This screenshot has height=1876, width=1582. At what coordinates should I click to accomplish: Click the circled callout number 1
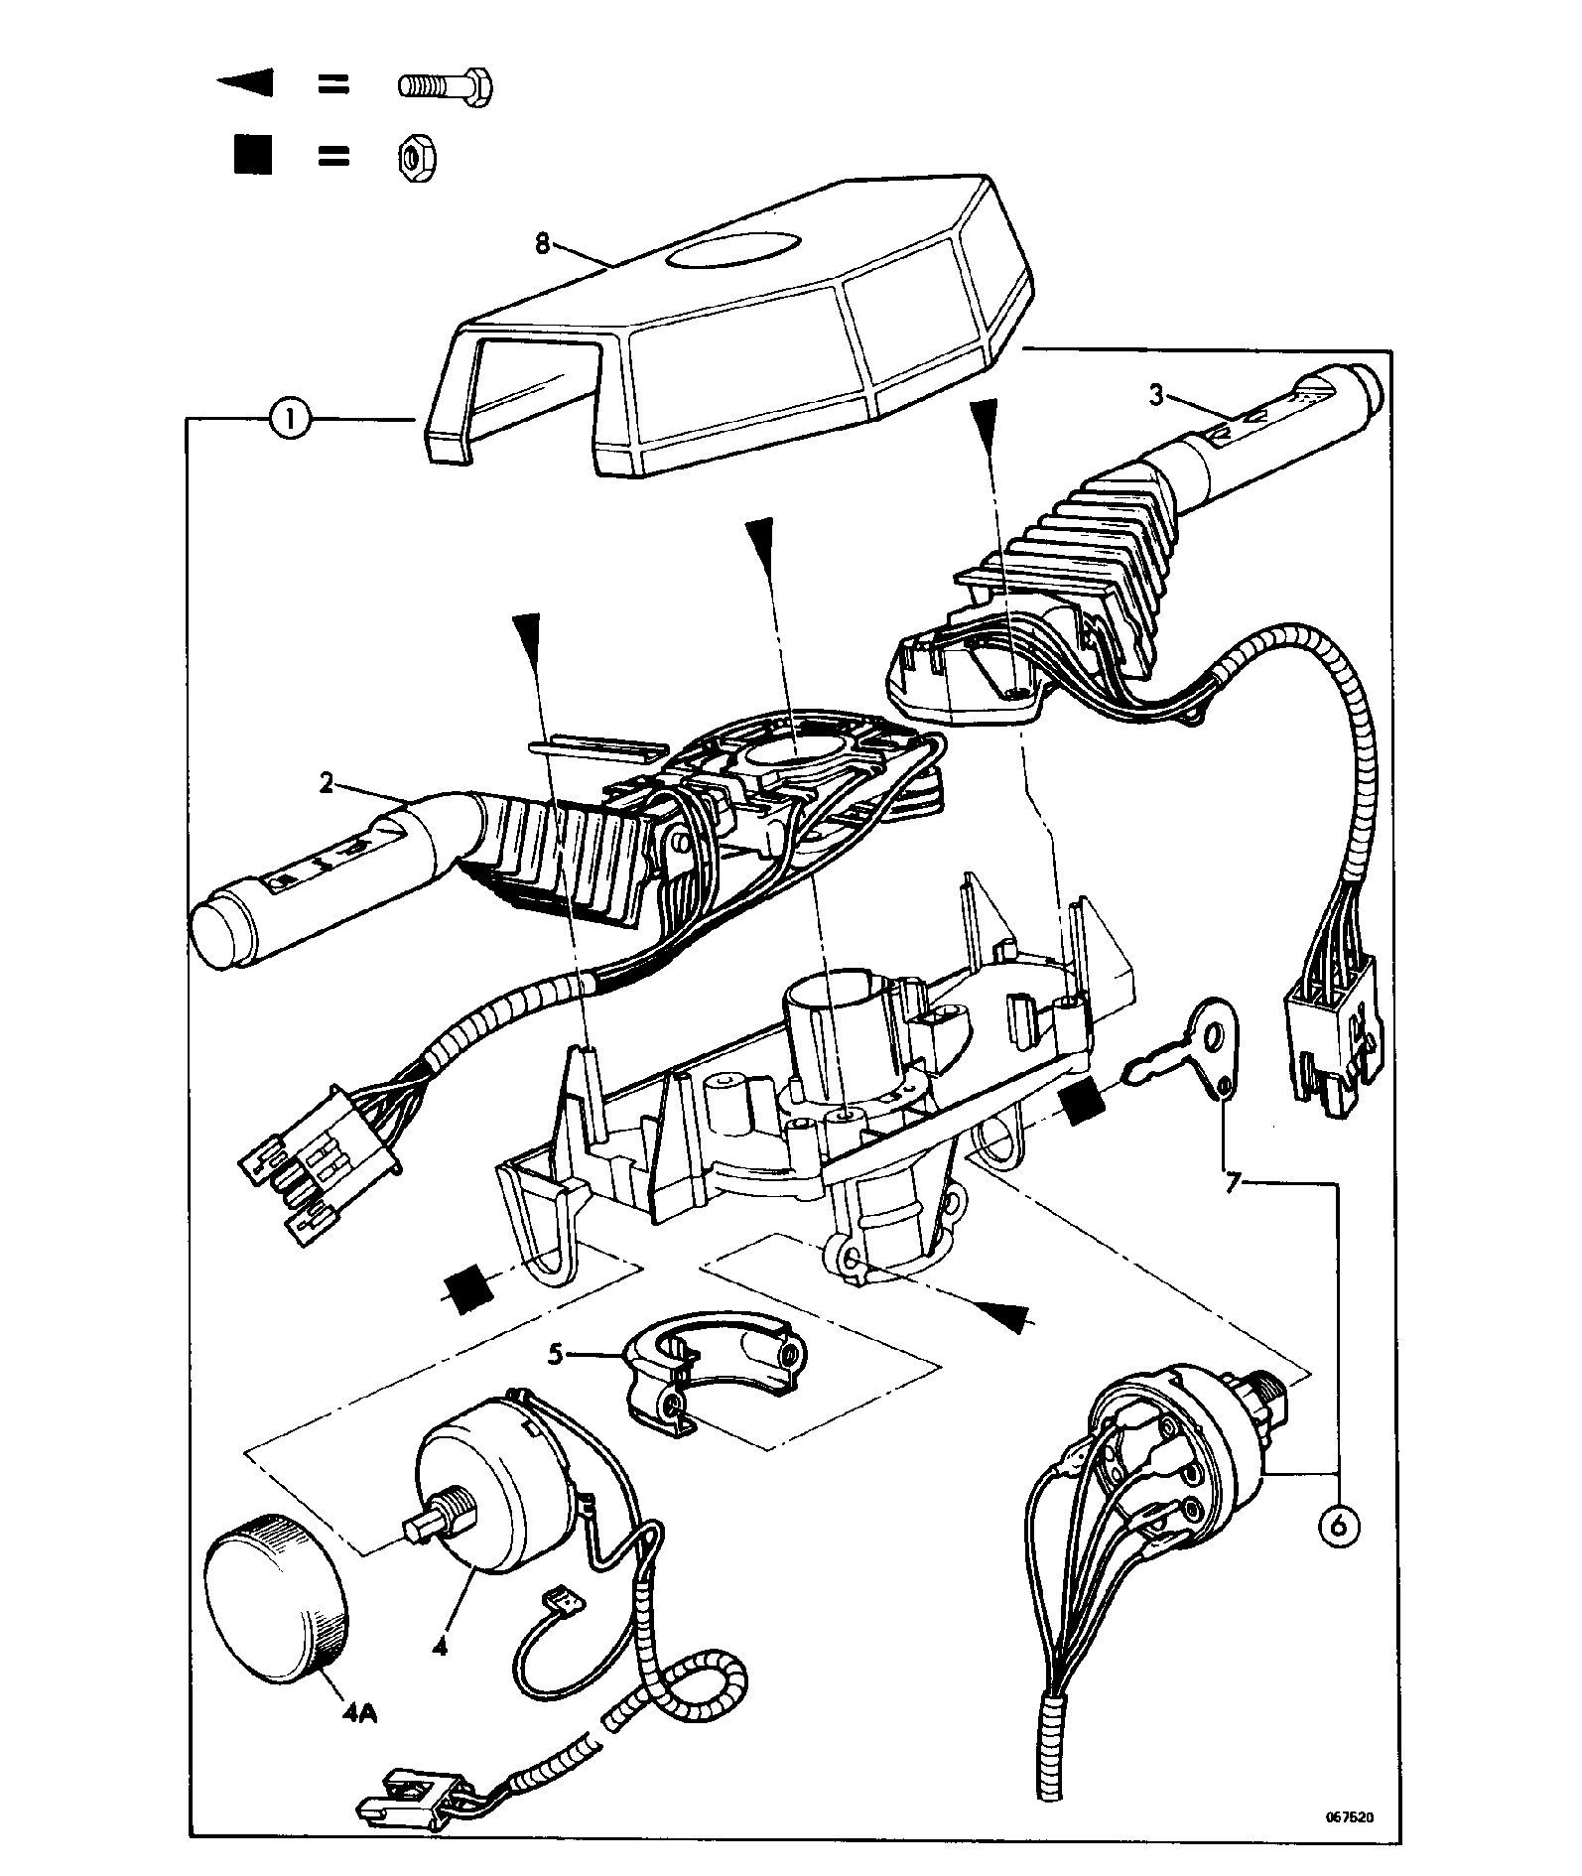tap(289, 420)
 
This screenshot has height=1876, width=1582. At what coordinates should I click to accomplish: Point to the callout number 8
tap(543, 243)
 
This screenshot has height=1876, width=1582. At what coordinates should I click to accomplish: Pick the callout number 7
tap(1233, 1184)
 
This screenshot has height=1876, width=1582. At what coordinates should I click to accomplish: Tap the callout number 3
tap(1156, 395)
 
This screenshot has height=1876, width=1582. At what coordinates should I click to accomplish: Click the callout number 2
tap(327, 784)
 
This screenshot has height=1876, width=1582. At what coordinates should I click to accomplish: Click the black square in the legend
tap(252, 157)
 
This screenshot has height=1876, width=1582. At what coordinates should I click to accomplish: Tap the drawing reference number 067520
tap(1350, 1817)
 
